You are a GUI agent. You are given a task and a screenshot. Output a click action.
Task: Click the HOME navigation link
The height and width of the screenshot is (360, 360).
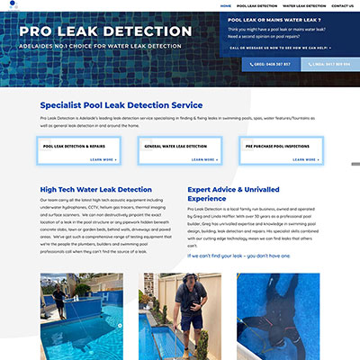click(226, 5)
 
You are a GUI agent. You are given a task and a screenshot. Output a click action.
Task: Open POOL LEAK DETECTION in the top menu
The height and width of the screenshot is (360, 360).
click(256, 5)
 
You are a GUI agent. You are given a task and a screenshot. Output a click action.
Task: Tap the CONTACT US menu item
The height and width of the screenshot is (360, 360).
click(343, 5)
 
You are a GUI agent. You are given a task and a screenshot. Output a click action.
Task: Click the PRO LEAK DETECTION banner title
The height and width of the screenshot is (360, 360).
click(105, 31)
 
